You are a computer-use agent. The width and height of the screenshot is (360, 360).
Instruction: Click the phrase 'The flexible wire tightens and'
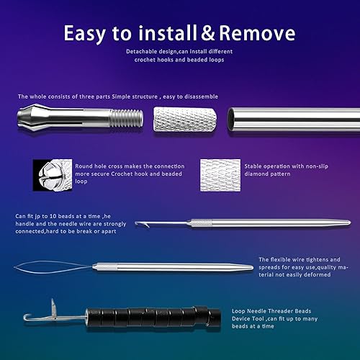297,259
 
